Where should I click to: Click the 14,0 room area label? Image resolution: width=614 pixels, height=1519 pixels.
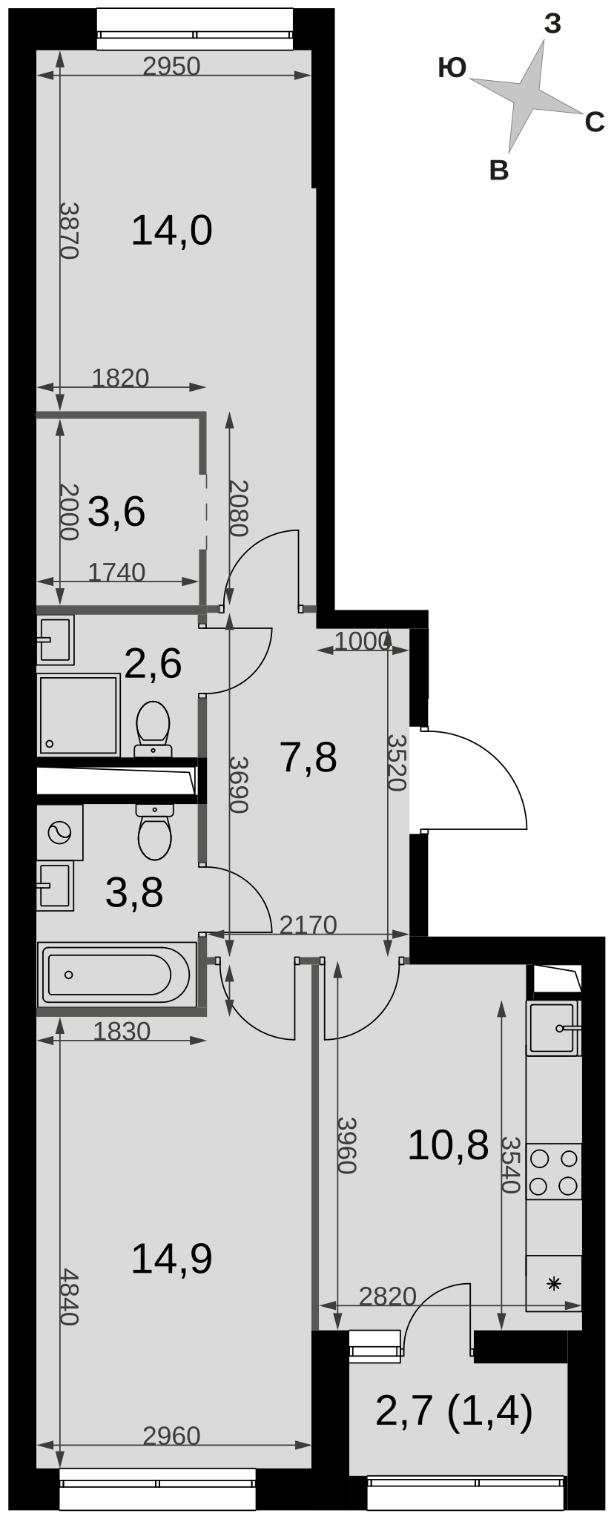171,231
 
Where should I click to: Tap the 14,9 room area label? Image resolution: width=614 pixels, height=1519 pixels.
171,1259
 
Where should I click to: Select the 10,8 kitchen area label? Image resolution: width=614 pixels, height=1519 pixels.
448,1144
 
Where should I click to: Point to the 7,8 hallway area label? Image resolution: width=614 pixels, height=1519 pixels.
308,758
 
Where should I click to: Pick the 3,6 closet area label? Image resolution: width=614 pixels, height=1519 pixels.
116,511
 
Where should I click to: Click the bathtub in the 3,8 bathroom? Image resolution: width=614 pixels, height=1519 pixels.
116,975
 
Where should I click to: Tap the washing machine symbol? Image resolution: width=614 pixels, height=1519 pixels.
59,832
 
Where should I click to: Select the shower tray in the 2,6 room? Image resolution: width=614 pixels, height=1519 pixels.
79,714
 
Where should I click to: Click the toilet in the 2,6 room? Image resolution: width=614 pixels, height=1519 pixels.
153,729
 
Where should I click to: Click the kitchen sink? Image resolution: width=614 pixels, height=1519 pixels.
553,1028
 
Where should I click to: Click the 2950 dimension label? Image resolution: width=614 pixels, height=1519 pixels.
171,67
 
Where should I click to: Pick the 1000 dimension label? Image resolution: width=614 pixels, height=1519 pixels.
362,641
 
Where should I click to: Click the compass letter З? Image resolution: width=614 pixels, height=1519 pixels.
552,24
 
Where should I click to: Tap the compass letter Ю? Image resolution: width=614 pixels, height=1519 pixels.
452,68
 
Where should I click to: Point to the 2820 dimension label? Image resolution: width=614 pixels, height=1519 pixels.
388,1296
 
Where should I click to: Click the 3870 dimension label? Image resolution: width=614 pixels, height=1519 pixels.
68,230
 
